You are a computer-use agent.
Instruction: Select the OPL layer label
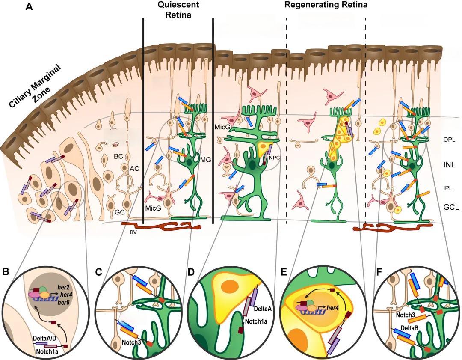[x=449, y=140]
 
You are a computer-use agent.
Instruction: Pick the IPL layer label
[x=448, y=187]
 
